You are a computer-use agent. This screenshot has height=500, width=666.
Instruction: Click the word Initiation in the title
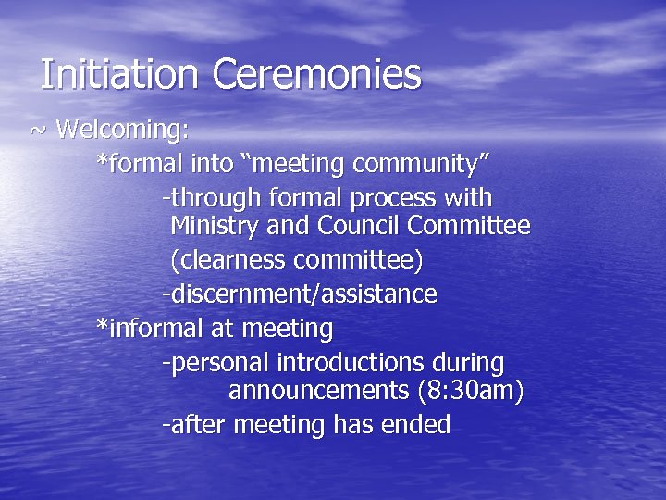coord(120,75)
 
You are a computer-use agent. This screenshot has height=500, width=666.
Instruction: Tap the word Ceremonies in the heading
coord(317,75)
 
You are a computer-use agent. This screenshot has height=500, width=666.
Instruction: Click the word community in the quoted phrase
coord(420,165)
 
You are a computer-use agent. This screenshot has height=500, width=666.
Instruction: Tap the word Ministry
coord(215,226)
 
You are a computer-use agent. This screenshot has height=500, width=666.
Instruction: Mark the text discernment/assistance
coord(302,295)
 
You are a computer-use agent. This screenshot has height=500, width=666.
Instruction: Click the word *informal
coord(148,329)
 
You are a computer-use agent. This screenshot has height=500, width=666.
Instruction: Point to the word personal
coord(210,362)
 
